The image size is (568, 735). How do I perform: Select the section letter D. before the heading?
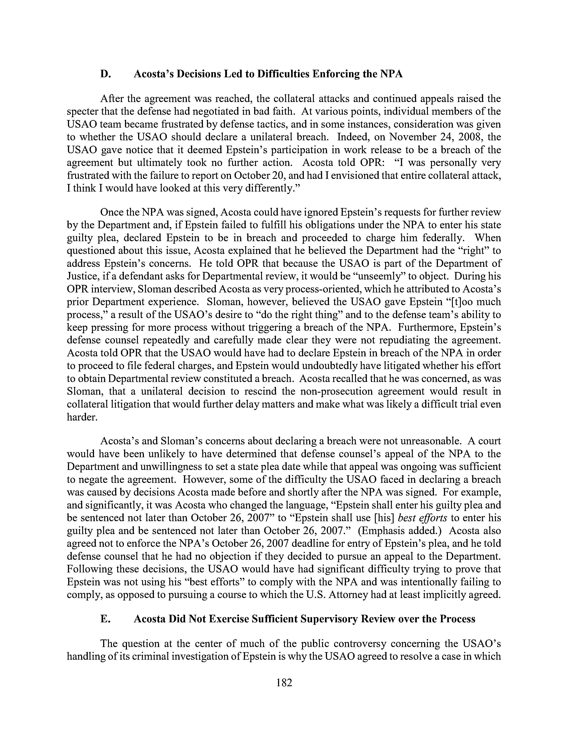[106, 74]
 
